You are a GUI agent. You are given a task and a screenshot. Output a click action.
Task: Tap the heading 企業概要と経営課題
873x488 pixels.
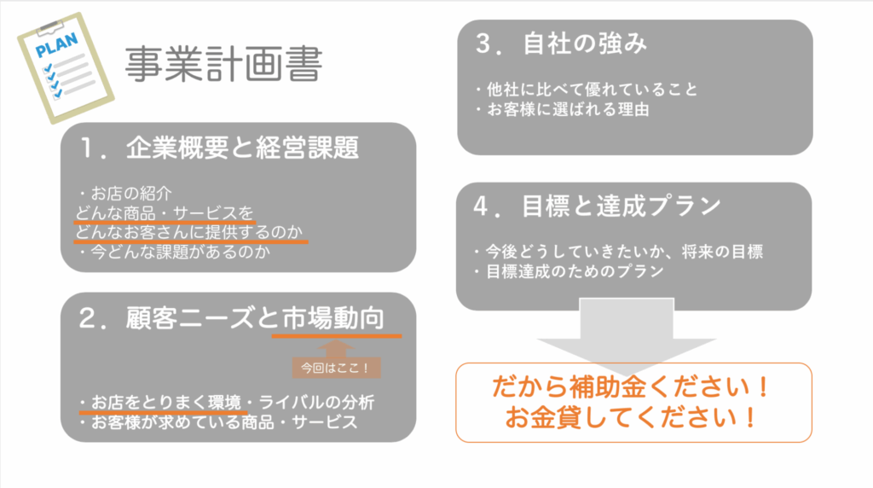[x=242, y=148]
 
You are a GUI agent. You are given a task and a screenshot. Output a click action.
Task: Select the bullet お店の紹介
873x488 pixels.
[x=124, y=194]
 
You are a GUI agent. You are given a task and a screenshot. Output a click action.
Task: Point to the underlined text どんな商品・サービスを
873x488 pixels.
[x=165, y=212]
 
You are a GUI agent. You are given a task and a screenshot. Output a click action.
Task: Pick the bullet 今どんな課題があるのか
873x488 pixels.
[x=174, y=252]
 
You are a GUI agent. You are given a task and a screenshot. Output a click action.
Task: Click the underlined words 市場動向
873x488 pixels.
[x=333, y=318]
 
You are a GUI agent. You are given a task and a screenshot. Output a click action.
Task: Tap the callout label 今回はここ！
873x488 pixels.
[x=336, y=368]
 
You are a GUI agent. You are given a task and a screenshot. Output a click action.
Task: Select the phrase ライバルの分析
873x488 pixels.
[x=316, y=402]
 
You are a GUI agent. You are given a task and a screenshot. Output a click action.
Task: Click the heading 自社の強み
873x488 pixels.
[x=585, y=44]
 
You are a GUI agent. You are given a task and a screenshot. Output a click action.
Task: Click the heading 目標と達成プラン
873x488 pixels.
[x=622, y=206]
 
